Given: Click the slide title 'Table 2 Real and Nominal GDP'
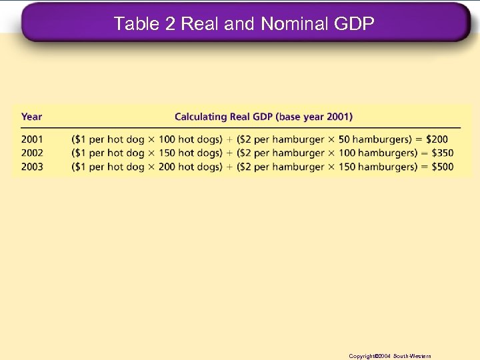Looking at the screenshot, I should click(244, 24).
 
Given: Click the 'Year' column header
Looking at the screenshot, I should click(31, 117).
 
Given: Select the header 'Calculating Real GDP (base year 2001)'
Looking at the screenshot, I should click(263, 117).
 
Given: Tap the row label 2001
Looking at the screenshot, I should click(31, 139).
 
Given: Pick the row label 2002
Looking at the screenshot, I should click(31, 153).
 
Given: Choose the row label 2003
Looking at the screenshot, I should click(31, 167).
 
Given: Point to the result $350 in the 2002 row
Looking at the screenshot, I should click(441, 153).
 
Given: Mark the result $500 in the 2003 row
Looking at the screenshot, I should click(441, 167).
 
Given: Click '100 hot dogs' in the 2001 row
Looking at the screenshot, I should click(189, 139).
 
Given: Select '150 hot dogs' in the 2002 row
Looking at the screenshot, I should click(189, 153).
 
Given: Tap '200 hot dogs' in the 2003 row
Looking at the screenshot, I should click(189, 167).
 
